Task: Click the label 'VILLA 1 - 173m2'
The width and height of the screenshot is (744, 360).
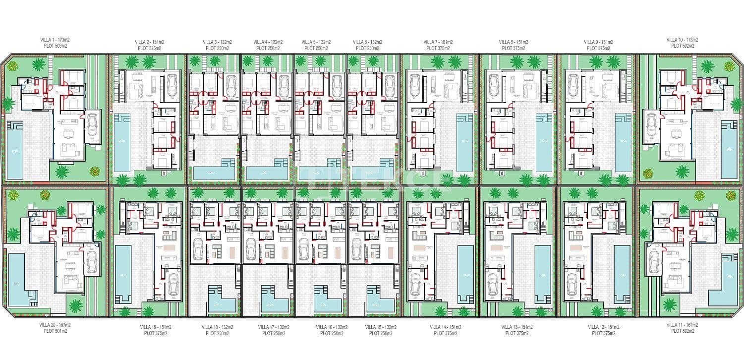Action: point(55,40)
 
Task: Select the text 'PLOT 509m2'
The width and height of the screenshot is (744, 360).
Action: point(55,46)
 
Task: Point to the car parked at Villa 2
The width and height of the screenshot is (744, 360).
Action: point(172,85)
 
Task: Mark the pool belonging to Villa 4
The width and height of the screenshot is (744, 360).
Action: point(266,172)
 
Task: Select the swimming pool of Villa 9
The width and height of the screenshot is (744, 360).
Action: point(623,142)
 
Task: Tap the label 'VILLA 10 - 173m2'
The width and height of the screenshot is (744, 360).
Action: point(682,40)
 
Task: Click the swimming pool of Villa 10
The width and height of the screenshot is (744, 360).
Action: point(729,149)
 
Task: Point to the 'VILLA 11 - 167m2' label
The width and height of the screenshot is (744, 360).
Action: point(682,325)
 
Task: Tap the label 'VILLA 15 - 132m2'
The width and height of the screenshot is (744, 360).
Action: point(381,327)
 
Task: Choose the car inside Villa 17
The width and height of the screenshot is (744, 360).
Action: point(251,248)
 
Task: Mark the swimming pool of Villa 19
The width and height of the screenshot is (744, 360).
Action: point(122,274)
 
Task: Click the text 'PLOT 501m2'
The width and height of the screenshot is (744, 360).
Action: point(55,331)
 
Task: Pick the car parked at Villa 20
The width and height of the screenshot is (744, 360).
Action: point(92,261)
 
